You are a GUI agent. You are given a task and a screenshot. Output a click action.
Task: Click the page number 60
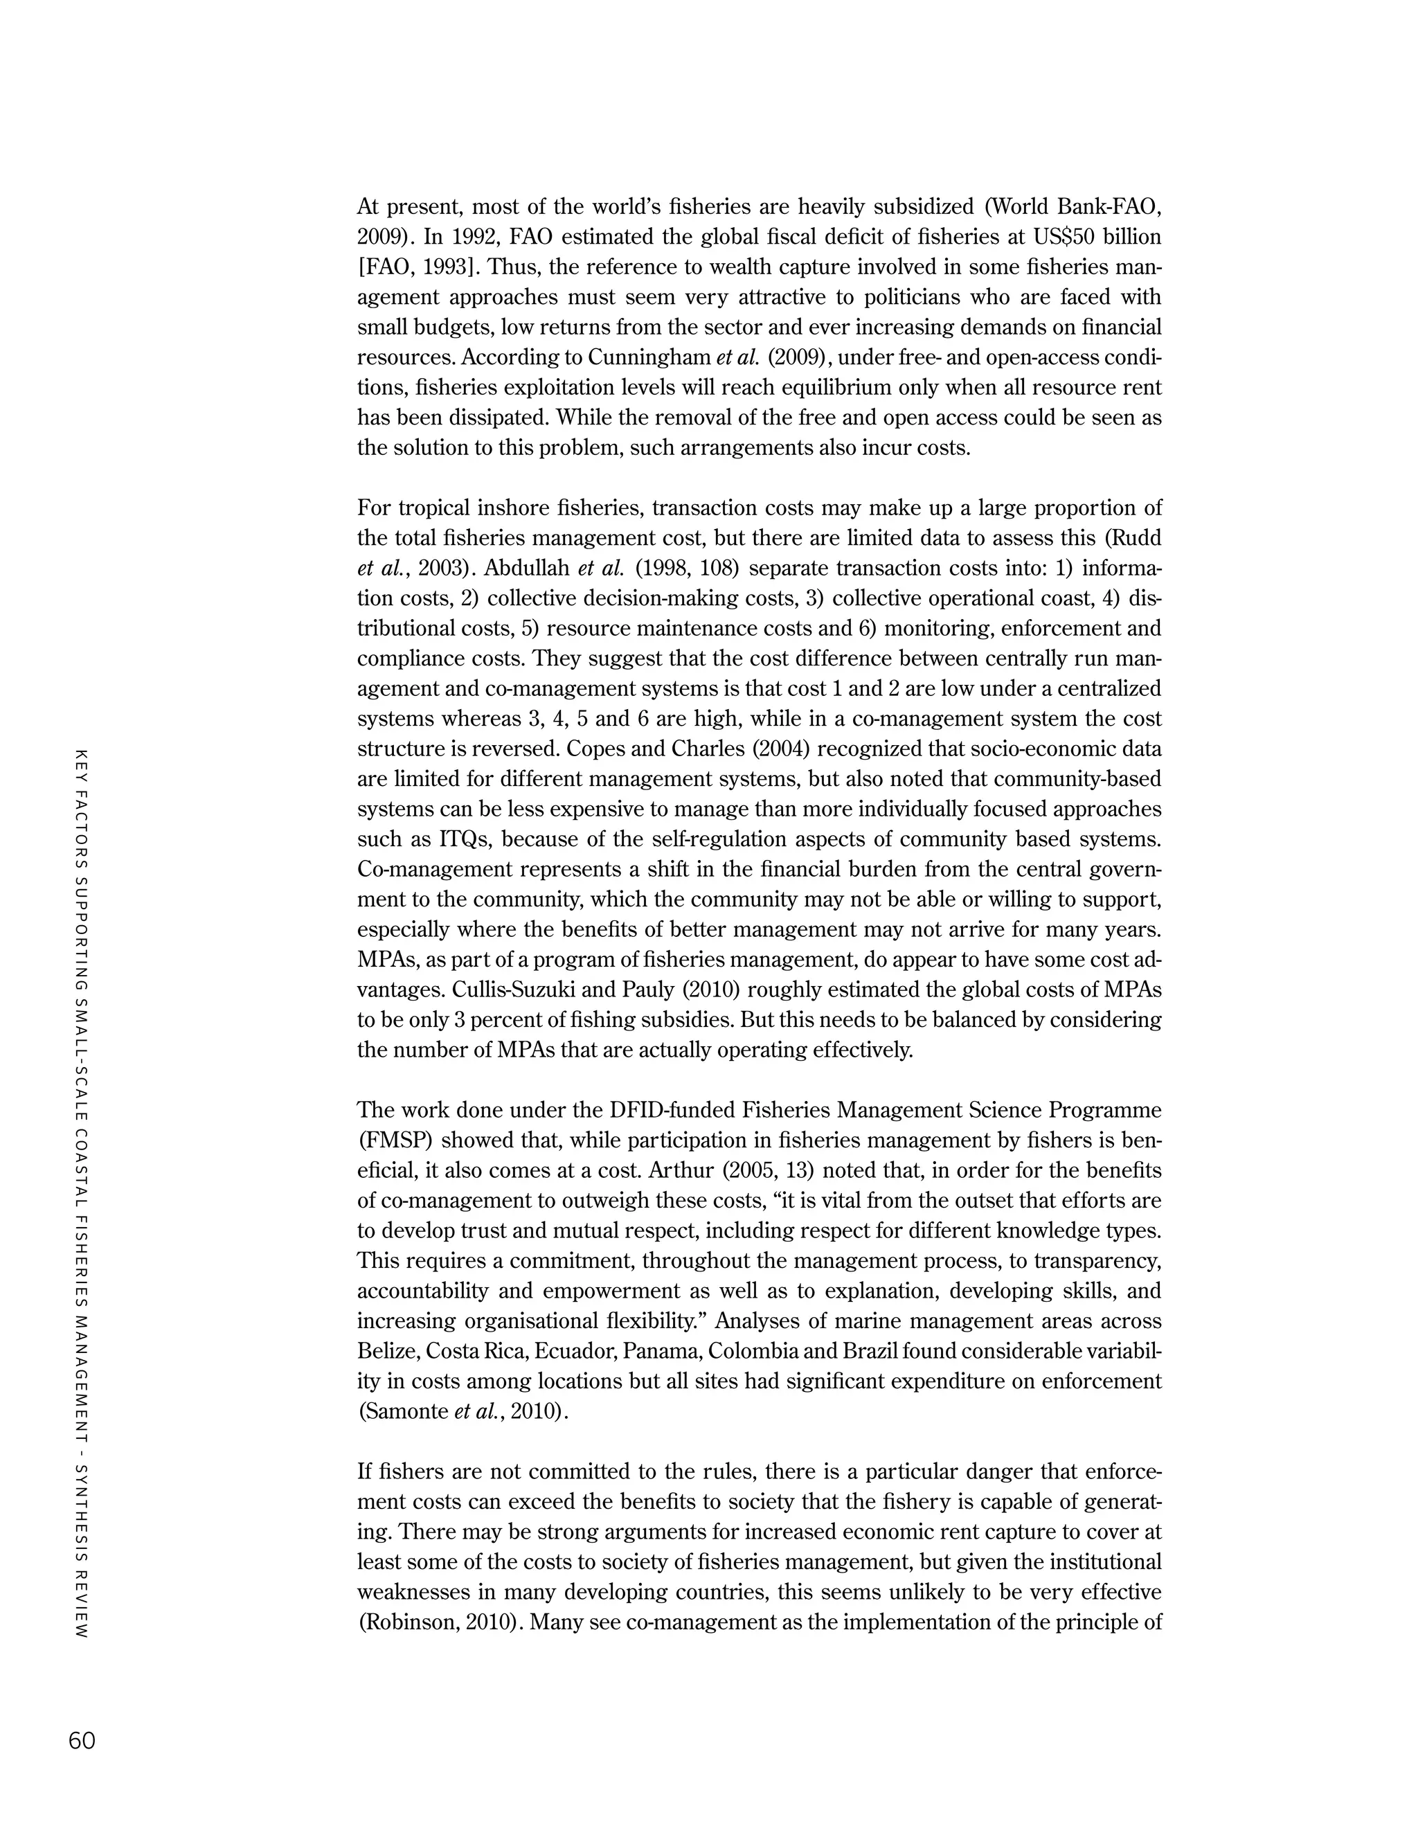pyautogui.click(x=82, y=1740)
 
